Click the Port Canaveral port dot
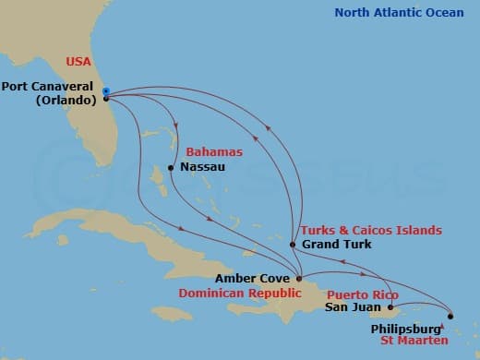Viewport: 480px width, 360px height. [106, 97]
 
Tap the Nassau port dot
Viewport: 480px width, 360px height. [171, 168]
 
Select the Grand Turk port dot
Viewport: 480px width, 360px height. [293, 245]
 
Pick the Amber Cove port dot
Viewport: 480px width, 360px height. [297, 277]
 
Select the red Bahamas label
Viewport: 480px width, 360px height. [213, 151]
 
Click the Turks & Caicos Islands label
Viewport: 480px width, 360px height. [369, 230]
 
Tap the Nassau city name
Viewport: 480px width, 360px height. [202, 168]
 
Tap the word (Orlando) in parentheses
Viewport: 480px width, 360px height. [66, 101]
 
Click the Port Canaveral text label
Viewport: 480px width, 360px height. [50, 88]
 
